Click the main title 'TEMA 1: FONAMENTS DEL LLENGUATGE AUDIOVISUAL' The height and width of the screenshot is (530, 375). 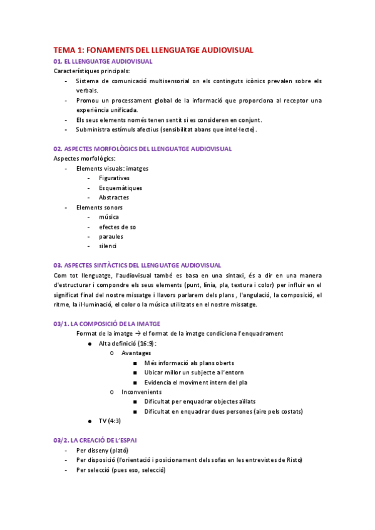[x=153, y=50]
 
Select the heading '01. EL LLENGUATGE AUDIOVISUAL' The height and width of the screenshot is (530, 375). [x=103, y=61]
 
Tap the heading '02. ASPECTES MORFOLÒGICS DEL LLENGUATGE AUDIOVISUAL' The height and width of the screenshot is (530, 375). [x=143, y=149]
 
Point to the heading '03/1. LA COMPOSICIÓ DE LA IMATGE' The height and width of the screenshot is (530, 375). [x=106, y=324]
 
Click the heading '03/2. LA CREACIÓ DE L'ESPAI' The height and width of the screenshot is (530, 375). [x=95, y=440]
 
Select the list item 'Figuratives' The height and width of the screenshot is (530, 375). [x=114, y=178]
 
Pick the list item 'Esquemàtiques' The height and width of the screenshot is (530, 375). [x=120, y=188]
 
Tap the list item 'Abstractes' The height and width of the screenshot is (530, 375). [x=114, y=197]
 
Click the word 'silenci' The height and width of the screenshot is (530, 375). [x=108, y=246]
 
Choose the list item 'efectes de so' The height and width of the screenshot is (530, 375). [x=117, y=227]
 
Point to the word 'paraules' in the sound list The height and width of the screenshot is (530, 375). [x=111, y=236]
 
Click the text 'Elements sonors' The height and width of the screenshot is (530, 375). [x=99, y=207]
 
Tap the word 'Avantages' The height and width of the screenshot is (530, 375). [x=136, y=353]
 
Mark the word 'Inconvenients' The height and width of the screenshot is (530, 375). [x=141, y=392]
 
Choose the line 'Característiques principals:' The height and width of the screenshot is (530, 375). [x=92, y=71]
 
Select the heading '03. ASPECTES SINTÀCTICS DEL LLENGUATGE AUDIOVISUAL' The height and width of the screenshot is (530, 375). [x=137, y=266]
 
